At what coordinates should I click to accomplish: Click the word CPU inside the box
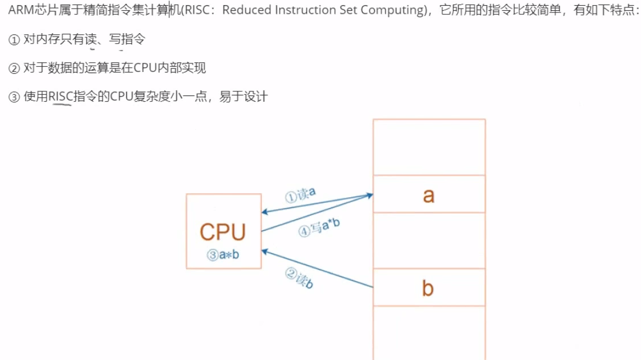pos(223,232)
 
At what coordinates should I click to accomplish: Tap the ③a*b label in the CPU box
pos(223,255)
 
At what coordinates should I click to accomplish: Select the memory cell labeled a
pos(428,195)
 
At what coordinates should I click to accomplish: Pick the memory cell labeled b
pos(428,288)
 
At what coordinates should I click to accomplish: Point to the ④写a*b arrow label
pos(319,228)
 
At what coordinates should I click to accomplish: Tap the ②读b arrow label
pos(299,278)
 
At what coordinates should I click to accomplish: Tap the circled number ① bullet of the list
pos(14,40)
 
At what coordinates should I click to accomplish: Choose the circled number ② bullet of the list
pos(14,69)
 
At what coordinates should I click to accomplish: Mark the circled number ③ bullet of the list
pos(14,97)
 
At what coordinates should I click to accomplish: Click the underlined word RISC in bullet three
pos(60,97)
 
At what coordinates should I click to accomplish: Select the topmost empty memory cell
pos(428,147)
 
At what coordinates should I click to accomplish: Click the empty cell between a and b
pos(428,241)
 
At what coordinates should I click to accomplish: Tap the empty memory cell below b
pos(428,333)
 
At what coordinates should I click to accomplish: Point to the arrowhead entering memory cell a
pos(370,195)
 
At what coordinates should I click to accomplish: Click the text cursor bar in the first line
pos(169,10)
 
